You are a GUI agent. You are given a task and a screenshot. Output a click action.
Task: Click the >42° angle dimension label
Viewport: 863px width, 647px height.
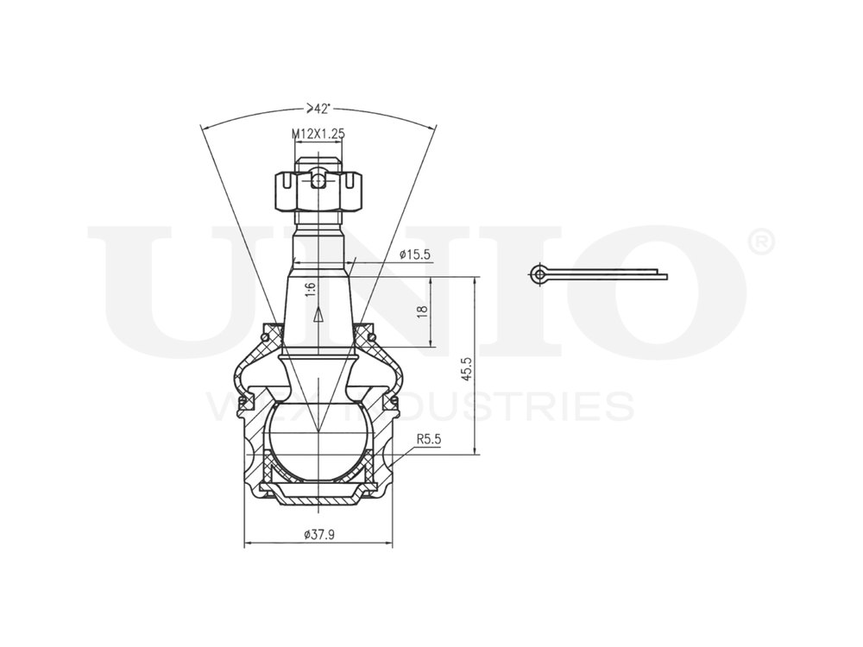[318, 109]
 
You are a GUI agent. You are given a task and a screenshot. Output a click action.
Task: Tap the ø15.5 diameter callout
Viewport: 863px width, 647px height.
[415, 254]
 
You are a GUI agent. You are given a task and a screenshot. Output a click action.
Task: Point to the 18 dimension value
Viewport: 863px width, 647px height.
[422, 311]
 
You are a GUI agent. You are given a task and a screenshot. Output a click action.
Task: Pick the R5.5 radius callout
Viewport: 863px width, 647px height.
[429, 439]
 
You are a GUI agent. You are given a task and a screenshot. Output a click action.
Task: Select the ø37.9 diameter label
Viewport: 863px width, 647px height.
[319, 534]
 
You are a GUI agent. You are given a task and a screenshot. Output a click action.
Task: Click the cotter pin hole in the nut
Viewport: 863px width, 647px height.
[318, 181]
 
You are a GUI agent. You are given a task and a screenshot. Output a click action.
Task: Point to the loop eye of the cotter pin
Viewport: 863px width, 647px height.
[539, 275]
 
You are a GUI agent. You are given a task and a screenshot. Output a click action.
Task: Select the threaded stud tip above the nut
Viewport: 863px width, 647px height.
[318, 160]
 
